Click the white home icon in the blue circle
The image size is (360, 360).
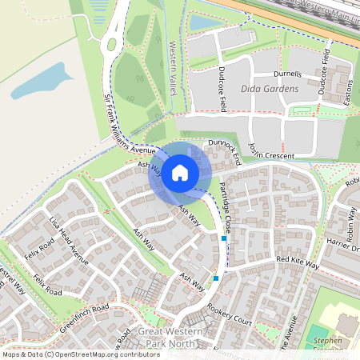tap(180, 172)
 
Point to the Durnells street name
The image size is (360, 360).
tap(288, 74)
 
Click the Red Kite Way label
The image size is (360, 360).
tap(298, 262)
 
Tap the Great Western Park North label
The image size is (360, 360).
tap(172, 337)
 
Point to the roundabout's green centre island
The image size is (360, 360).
tap(111, 45)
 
